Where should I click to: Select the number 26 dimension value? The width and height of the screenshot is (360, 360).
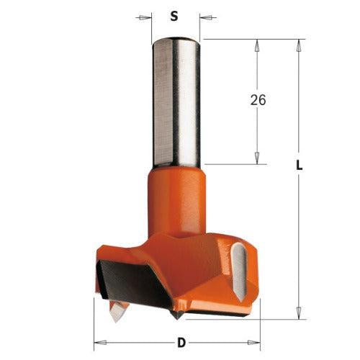258,100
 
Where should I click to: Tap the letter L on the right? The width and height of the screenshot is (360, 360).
299,166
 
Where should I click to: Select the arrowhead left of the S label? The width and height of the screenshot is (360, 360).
146,15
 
